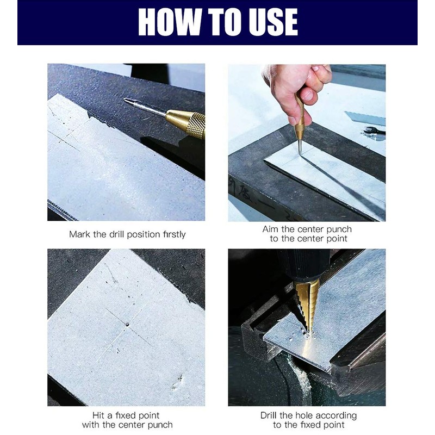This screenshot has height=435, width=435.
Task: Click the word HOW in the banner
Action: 170,22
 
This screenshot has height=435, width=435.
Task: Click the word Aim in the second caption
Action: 270,229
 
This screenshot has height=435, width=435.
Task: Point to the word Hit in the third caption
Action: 98,415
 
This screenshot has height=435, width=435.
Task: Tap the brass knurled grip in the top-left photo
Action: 186,123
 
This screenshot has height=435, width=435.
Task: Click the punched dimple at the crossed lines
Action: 127,324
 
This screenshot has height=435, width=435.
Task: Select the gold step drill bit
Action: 306,304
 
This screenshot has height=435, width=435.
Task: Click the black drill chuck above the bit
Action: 304,265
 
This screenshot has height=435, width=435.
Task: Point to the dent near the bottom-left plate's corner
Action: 178,383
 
